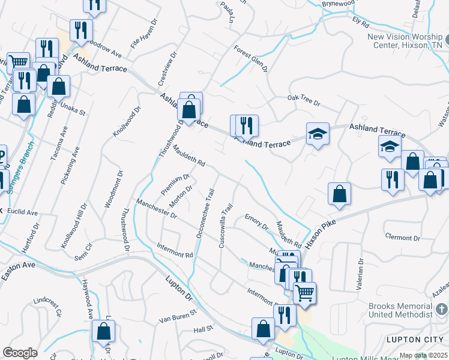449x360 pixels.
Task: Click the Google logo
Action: pos(20,352)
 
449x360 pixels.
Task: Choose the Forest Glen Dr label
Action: pos(250,59)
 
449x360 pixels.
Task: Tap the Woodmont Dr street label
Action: pos(114,188)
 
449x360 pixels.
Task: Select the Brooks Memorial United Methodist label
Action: pos(400,310)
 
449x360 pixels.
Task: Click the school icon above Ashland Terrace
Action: pos(318,133)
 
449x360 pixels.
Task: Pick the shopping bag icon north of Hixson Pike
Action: pos(339,194)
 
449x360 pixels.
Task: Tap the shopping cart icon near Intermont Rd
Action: pos(305,292)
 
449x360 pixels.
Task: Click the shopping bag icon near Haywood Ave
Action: pos(103,331)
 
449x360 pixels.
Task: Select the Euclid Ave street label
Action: pos(23,213)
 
